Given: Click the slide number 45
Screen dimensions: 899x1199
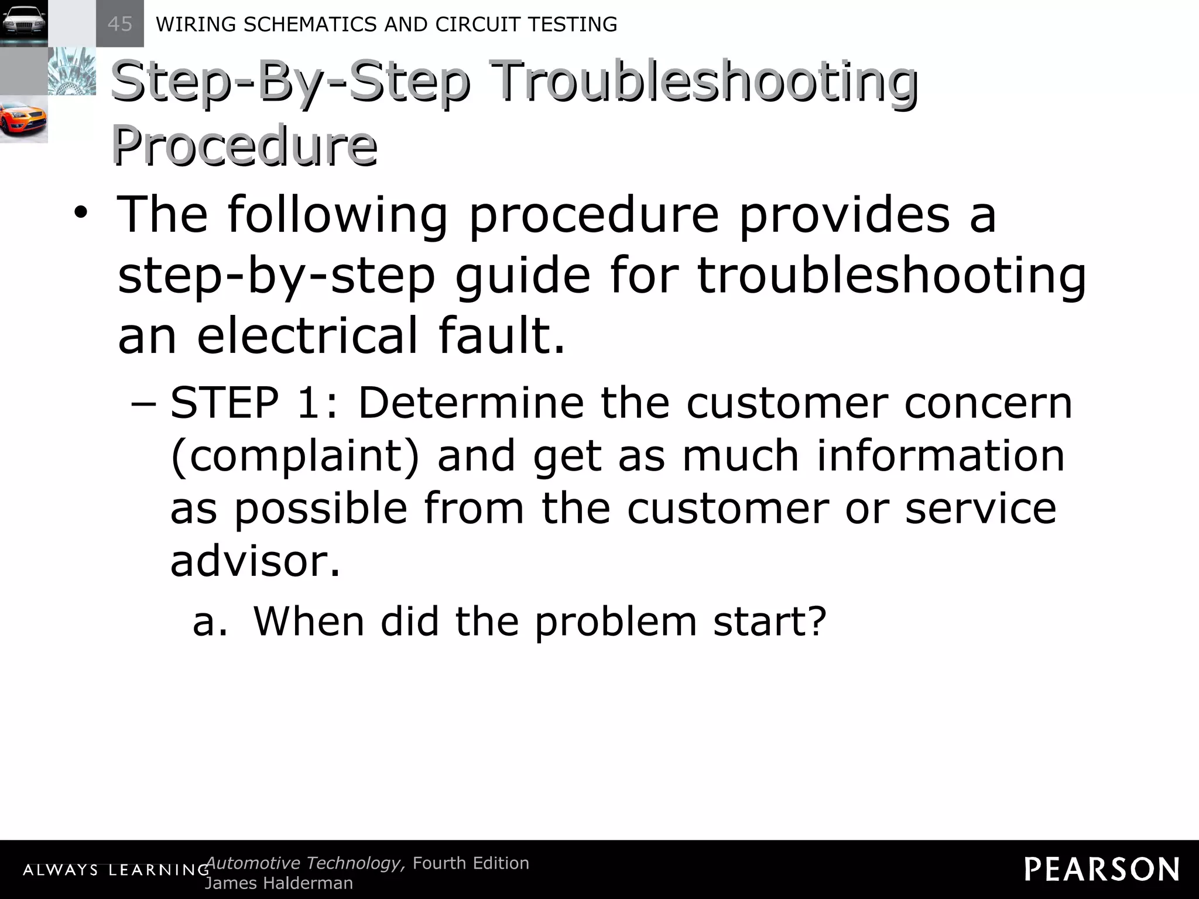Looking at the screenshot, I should [x=120, y=24].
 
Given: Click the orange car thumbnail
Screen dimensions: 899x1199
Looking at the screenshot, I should [x=23, y=119].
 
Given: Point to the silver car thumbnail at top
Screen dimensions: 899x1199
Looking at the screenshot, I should [x=23, y=23].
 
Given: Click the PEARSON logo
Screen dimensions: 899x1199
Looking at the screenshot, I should [x=1101, y=869].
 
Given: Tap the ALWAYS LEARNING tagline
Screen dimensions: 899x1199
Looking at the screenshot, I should [x=116, y=870].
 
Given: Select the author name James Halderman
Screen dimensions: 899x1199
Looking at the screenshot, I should [x=279, y=883].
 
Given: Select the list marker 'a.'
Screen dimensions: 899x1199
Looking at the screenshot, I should [x=210, y=622].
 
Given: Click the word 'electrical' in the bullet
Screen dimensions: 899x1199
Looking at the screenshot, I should [x=307, y=335].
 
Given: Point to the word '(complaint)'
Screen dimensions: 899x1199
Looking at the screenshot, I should [x=294, y=457].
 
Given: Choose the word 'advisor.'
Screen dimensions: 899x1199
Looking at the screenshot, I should [x=255, y=561].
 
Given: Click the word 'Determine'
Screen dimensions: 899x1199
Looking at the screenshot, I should [x=471, y=404].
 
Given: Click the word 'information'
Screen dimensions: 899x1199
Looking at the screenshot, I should [x=941, y=457].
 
